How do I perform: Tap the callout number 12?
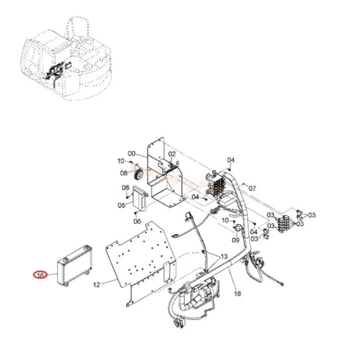click(x=97, y=283)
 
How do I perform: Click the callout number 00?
click(x=132, y=153)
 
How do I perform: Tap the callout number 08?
click(x=124, y=172)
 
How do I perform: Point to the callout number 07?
click(x=253, y=189)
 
